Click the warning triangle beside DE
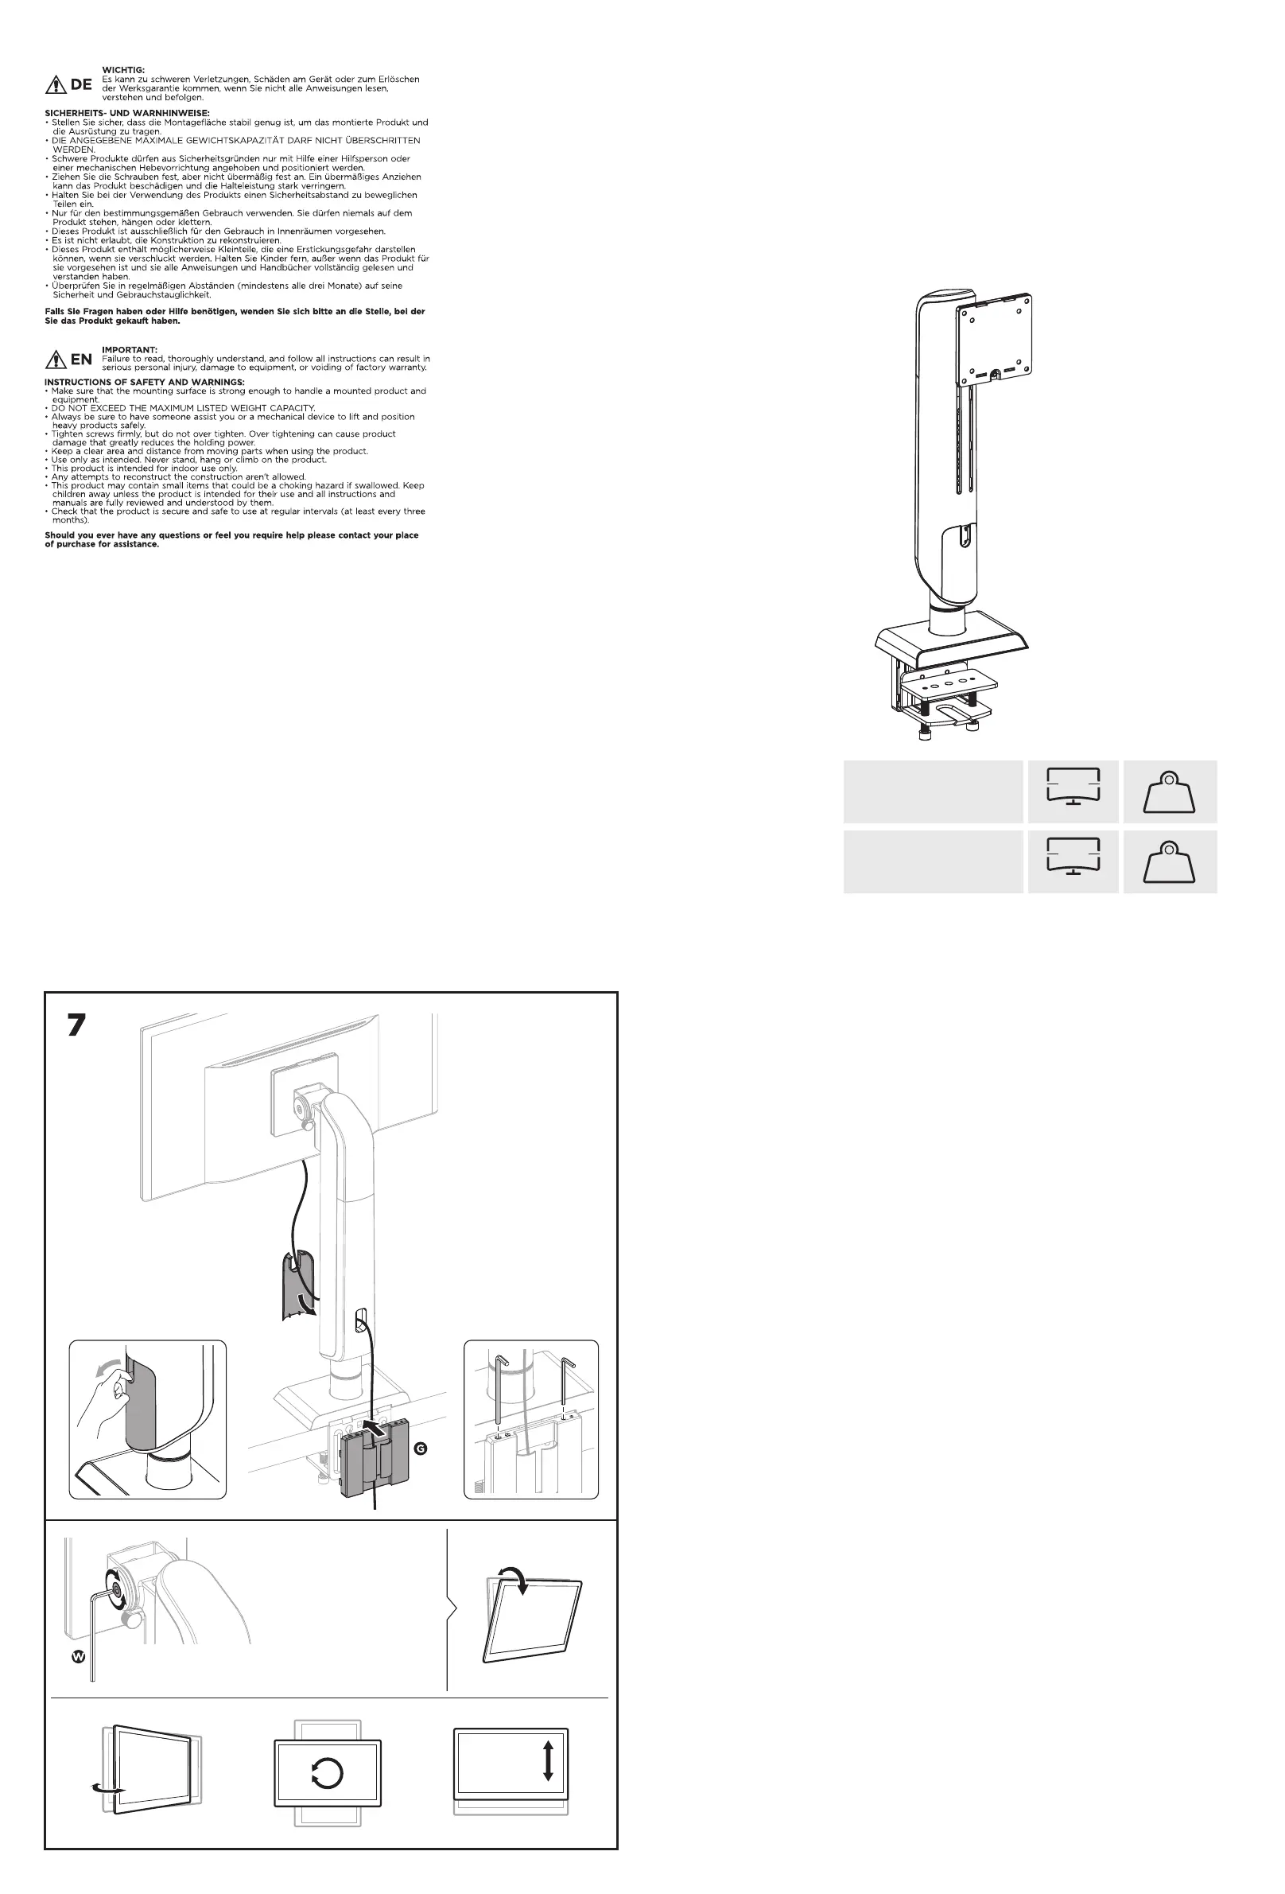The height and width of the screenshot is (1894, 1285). [56, 84]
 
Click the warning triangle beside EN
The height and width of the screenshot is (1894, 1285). [56, 359]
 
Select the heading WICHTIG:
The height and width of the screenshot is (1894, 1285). [123, 70]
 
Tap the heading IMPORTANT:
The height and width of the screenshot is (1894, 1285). [130, 350]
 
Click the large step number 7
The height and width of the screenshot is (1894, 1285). [76, 1025]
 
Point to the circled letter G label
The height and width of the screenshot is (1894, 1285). [421, 1449]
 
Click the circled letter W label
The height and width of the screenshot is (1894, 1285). [78, 1656]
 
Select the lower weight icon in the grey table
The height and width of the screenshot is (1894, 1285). [1169, 862]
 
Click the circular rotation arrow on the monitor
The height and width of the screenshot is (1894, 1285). [328, 1773]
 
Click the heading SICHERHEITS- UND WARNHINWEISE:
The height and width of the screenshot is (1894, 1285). [127, 113]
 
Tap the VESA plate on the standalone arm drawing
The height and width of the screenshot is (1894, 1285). [994, 338]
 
